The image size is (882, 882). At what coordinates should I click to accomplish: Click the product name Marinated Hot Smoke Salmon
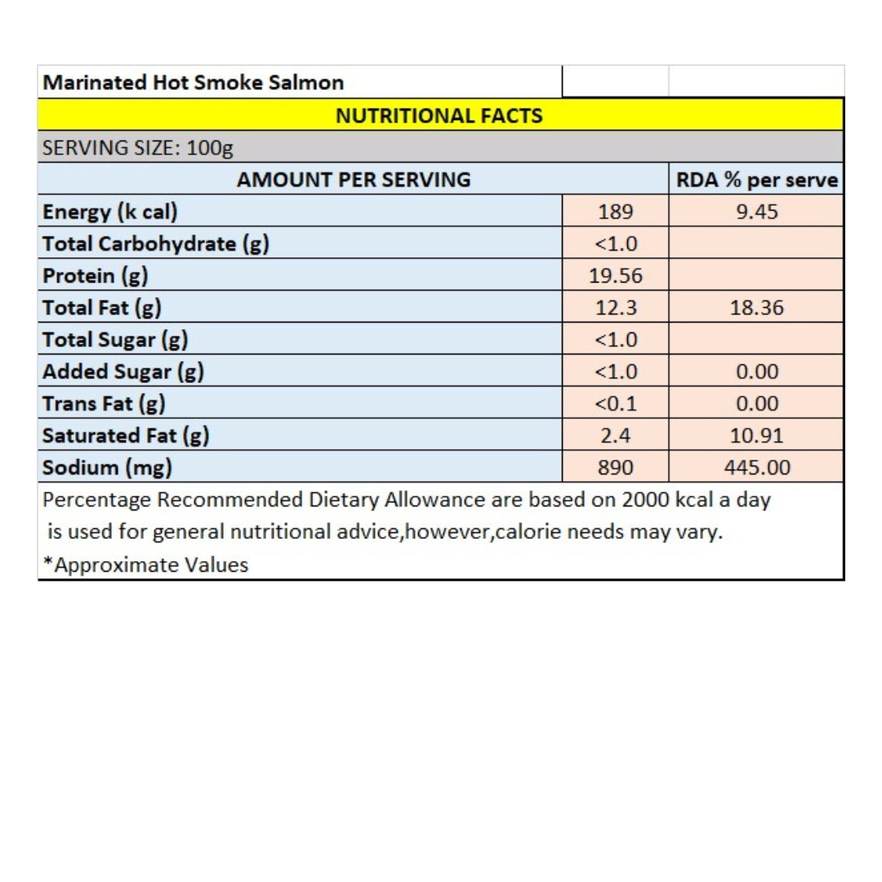pyautogui.click(x=193, y=82)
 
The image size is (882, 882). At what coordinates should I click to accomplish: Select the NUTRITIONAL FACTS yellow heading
pyautogui.click(x=440, y=115)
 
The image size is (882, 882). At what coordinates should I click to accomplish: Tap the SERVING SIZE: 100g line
pyautogui.click(x=138, y=148)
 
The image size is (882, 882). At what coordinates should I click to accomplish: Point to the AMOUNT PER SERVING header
pyautogui.click(x=353, y=179)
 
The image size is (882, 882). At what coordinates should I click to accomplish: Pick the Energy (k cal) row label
pyautogui.click(x=110, y=212)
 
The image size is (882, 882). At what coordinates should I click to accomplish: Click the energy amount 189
pyautogui.click(x=616, y=212)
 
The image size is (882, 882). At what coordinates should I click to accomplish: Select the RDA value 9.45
pyautogui.click(x=756, y=212)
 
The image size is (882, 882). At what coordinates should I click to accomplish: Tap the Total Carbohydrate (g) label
pyautogui.click(x=156, y=243)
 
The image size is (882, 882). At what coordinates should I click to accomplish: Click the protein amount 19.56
pyautogui.click(x=616, y=276)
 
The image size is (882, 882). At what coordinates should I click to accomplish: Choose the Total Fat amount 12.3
pyautogui.click(x=616, y=308)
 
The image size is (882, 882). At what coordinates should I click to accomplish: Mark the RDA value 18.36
pyautogui.click(x=756, y=308)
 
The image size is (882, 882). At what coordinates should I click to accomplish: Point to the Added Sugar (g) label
pyautogui.click(x=123, y=372)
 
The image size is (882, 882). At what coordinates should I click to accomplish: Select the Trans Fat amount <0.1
pyautogui.click(x=616, y=403)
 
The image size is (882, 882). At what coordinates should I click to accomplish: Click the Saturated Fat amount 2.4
pyautogui.click(x=616, y=436)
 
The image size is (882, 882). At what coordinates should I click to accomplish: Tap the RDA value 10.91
pyautogui.click(x=756, y=436)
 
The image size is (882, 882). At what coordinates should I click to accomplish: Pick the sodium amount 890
pyautogui.click(x=616, y=468)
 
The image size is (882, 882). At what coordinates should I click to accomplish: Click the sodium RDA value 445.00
pyautogui.click(x=756, y=468)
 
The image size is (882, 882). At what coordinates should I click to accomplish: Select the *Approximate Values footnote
pyautogui.click(x=146, y=564)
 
